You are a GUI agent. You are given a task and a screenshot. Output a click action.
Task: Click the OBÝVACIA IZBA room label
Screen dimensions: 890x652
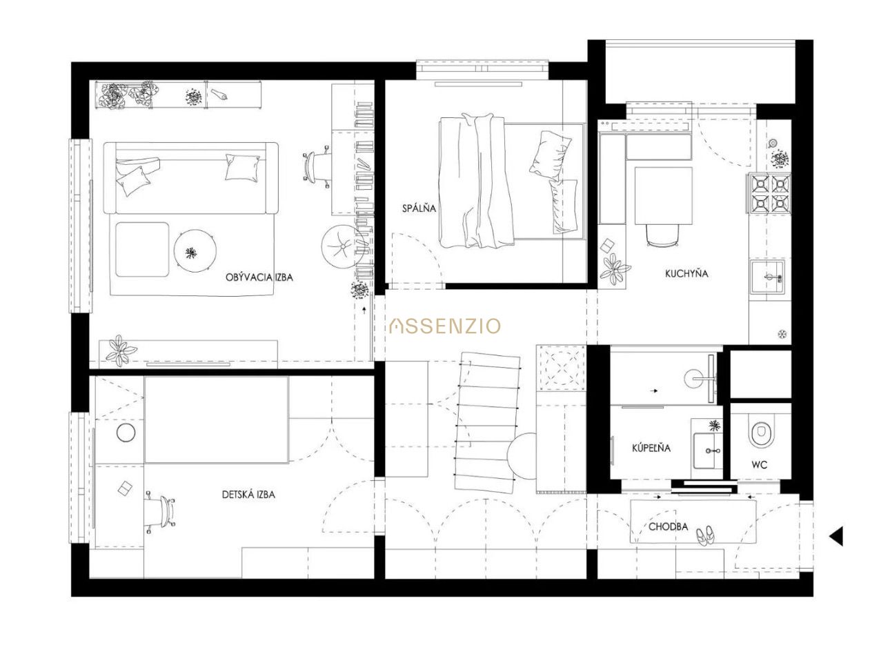click(x=259, y=277)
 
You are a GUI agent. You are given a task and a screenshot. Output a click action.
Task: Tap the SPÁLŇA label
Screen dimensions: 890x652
click(x=419, y=208)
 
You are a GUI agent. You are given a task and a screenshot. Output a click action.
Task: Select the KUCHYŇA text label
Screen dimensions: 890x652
click(x=681, y=273)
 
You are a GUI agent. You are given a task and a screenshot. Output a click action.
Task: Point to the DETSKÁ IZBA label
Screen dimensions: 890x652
click(x=248, y=495)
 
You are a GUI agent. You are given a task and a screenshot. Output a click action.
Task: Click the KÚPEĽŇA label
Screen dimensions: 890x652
click(x=651, y=448)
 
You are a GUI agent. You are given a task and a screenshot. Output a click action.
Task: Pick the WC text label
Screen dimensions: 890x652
click(x=760, y=464)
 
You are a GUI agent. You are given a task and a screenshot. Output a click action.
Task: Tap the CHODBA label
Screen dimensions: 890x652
click(x=669, y=527)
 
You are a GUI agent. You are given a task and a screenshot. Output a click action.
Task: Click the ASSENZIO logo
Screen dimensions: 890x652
click(x=445, y=326)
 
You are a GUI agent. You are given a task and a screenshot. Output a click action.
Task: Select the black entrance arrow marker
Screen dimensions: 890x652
click(x=836, y=536)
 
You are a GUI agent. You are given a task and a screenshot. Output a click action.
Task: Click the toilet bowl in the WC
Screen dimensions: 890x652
click(x=760, y=434)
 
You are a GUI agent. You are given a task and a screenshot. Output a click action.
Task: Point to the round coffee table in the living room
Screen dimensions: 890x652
click(x=195, y=250)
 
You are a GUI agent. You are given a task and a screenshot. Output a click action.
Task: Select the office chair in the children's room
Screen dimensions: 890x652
click(x=161, y=511)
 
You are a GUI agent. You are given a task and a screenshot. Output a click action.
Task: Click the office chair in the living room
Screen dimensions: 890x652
click(x=316, y=166)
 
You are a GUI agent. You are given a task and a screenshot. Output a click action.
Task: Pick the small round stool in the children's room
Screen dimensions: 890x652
click(x=126, y=433)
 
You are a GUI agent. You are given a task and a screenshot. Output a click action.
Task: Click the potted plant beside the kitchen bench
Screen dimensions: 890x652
click(x=614, y=270)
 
